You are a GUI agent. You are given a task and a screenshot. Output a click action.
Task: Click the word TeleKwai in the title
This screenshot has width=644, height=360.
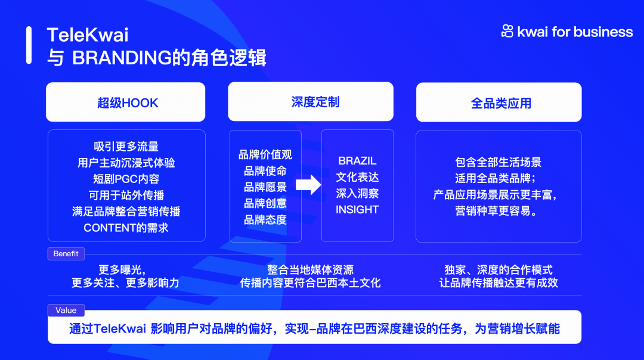coord(88,35)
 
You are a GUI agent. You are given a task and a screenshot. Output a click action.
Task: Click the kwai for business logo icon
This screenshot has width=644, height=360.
coord(507,32)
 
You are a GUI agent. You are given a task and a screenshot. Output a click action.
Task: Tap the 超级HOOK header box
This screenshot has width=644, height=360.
coord(126,103)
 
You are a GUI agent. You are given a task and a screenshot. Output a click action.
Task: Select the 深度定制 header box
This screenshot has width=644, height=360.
coord(311,102)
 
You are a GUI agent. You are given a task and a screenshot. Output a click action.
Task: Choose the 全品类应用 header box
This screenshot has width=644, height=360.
coord(499,103)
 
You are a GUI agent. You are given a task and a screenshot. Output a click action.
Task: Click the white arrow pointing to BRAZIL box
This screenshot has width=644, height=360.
coord(308,185)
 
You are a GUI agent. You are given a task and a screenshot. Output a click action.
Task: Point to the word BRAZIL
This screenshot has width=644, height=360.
coord(357,161)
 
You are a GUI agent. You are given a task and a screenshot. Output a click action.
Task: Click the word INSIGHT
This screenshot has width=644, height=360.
coord(357,210)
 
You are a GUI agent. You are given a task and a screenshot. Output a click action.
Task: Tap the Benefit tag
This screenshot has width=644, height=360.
coord(66,254)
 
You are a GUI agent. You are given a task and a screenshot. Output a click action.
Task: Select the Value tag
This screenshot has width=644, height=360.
coord(66,310)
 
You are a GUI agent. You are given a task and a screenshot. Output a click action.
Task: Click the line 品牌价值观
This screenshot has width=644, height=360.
coord(265,155)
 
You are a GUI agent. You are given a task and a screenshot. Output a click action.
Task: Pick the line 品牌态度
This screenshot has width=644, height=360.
coord(265,220)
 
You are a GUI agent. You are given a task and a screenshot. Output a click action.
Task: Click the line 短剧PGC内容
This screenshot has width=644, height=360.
coord(126,179)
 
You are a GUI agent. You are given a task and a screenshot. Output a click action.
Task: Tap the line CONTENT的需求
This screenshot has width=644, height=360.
coord(126,228)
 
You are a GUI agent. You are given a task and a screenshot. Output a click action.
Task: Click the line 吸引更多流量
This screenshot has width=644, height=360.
coord(126,147)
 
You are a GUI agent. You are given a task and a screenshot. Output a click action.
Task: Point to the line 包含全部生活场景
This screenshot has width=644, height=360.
coord(498,162)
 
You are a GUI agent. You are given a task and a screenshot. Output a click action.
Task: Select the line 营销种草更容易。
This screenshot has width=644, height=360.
coord(498,211)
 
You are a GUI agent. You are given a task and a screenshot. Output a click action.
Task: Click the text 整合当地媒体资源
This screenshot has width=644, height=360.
coord(310,270)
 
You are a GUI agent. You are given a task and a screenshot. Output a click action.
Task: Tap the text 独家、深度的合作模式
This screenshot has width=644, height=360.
coord(499,270)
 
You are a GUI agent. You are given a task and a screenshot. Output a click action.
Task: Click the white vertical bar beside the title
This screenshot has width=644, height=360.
coord(29,45)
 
